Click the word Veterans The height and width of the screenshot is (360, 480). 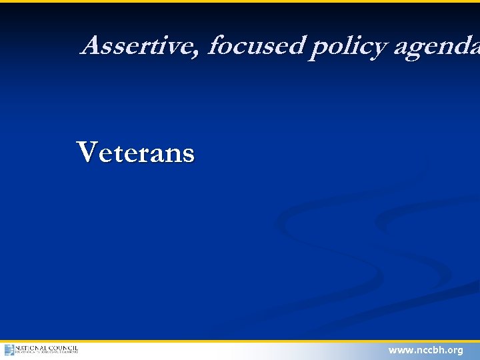point(136,153)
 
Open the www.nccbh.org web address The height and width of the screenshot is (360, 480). point(425,350)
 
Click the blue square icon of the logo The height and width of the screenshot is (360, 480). point(9,350)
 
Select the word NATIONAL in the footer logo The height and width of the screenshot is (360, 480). point(31,347)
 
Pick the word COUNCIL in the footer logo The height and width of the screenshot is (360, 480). point(63,347)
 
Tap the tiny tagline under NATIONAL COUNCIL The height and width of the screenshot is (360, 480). point(47,353)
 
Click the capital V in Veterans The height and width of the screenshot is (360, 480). point(87,152)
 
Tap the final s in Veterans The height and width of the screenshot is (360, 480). point(189,155)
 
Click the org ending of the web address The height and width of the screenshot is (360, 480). point(455,351)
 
